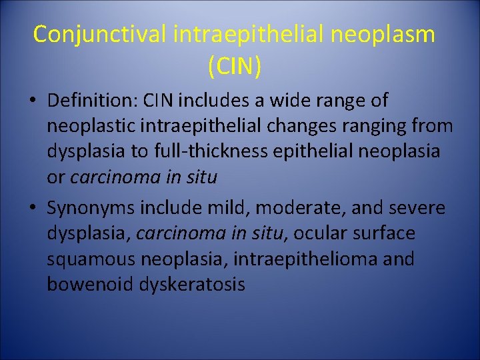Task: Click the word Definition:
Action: [x=91, y=101]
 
